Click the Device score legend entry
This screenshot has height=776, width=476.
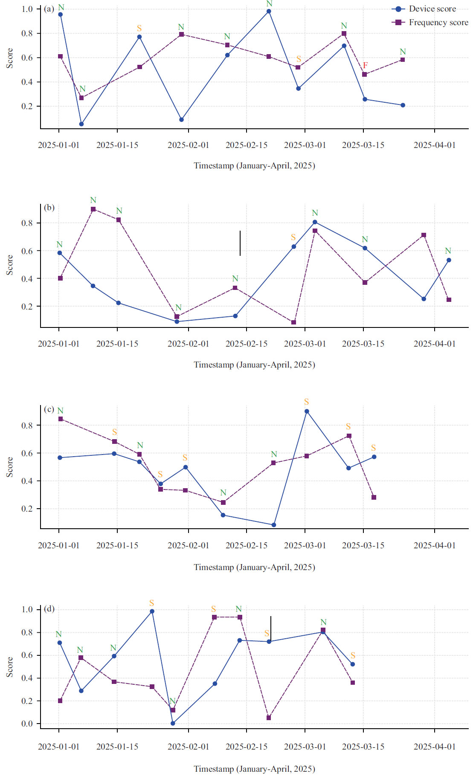432,9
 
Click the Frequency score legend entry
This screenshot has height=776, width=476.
438,23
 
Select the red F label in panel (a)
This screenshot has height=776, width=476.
365,65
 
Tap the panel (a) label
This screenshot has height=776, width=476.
49,9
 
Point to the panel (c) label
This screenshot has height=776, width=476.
49,409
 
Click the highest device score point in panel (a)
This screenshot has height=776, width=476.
269,12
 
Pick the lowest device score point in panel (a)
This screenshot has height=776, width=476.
81,124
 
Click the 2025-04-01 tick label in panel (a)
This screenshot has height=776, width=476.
435,145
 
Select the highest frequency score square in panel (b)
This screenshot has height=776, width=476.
93,209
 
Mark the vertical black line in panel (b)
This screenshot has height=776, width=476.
240,243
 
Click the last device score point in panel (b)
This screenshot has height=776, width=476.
449,260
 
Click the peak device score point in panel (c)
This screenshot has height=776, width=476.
307,411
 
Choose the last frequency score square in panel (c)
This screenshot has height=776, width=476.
374,498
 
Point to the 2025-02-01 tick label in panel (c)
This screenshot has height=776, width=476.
188,546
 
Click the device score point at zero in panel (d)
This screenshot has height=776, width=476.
173,723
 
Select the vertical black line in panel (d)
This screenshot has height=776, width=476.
271,628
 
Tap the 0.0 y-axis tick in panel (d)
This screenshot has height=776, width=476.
27,724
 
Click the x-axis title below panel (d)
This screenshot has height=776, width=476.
254,769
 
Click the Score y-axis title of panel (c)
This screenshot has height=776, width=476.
9,467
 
